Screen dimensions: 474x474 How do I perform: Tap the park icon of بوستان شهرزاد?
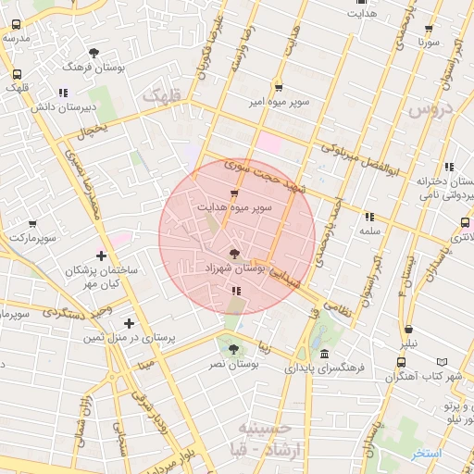(234, 252)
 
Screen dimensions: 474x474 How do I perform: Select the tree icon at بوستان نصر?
(232, 349)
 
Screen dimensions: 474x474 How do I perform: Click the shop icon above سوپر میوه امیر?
(279, 87)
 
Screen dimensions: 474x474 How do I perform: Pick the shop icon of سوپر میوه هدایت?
(233, 193)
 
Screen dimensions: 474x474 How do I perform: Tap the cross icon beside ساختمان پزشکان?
(101, 256)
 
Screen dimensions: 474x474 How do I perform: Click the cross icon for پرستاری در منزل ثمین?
(129, 323)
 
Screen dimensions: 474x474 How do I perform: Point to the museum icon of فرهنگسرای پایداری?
(323, 354)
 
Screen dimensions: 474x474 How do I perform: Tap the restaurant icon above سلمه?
(370, 216)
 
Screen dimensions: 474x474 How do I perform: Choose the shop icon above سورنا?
(428, 28)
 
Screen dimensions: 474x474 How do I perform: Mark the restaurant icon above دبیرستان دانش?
(62, 93)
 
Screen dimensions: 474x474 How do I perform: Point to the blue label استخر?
(426, 453)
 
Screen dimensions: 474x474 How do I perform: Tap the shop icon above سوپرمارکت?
(33, 224)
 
